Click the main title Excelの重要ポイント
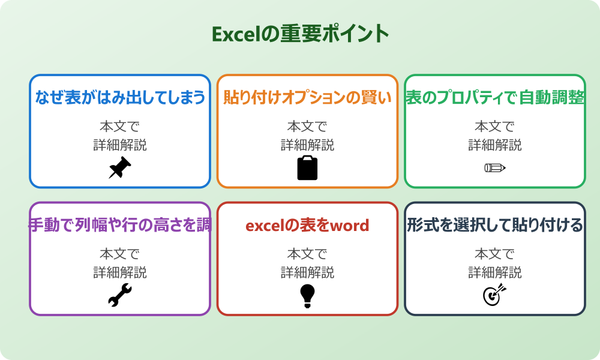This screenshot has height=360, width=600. click(300, 34)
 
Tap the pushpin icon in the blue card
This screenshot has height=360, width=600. click(120, 168)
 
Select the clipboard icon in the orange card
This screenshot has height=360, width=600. click(307, 168)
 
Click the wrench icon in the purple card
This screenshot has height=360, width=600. click(120, 295)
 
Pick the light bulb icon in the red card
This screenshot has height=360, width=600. click(307, 295)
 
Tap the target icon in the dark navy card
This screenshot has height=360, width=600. click(495, 295)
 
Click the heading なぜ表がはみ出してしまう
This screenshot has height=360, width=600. click(120, 97)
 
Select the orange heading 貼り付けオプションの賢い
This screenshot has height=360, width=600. click(307, 97)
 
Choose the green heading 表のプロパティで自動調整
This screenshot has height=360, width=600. click(495, 97)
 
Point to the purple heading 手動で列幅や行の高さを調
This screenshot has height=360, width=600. click(120, 225)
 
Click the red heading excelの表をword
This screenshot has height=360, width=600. click(307, 225)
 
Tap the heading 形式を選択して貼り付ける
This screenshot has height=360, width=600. click(495, 225)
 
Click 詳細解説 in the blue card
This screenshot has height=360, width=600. click(120, 145)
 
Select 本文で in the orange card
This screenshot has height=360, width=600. click(307, 127)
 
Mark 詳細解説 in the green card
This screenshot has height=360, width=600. click(495, 145)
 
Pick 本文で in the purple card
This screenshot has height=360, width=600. click(120, 254)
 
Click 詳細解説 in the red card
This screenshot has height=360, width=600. click(307, 273)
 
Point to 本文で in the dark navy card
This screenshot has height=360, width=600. click(495, 254)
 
